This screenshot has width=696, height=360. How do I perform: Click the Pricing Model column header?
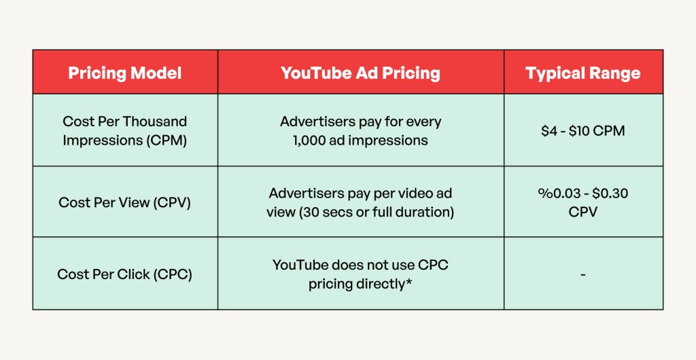click(125, 73)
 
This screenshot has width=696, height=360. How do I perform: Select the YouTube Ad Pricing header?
click(360, 73)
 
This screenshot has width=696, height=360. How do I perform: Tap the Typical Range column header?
click(583, 73)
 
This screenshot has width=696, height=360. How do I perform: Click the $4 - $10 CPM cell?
click(583, 130)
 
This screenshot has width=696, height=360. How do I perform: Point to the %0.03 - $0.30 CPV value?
click(583, 202)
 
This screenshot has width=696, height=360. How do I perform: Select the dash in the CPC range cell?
click(583, 274)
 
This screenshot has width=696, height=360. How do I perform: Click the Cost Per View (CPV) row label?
click(125, 202)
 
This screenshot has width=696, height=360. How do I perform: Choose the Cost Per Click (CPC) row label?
click(125, 274)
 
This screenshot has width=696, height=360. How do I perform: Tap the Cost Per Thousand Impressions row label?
click(125, 130)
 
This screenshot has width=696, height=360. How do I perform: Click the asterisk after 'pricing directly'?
click(409, 283)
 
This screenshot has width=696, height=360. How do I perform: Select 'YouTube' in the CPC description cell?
click(300, 265)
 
